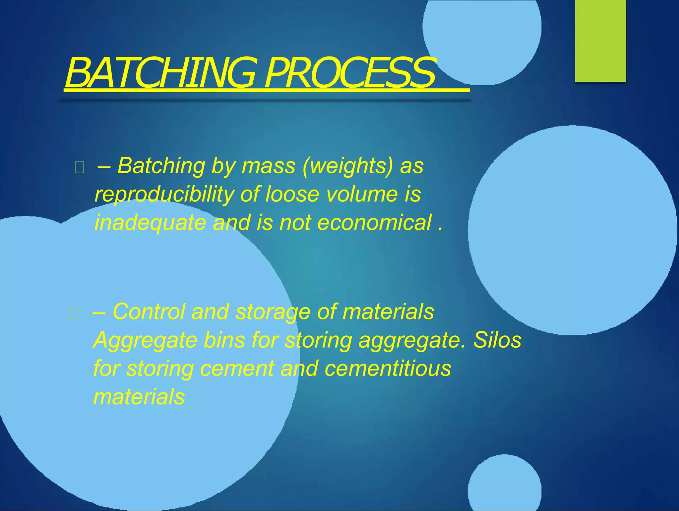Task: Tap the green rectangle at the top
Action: (x=600, y=41)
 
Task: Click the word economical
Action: (x=375, y=222)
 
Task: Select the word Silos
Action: (x=497, y=340)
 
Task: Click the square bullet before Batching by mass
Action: (x=80, y=168)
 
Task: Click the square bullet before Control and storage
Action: (x=74, y=314)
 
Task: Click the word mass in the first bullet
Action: (x=268, y=166)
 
